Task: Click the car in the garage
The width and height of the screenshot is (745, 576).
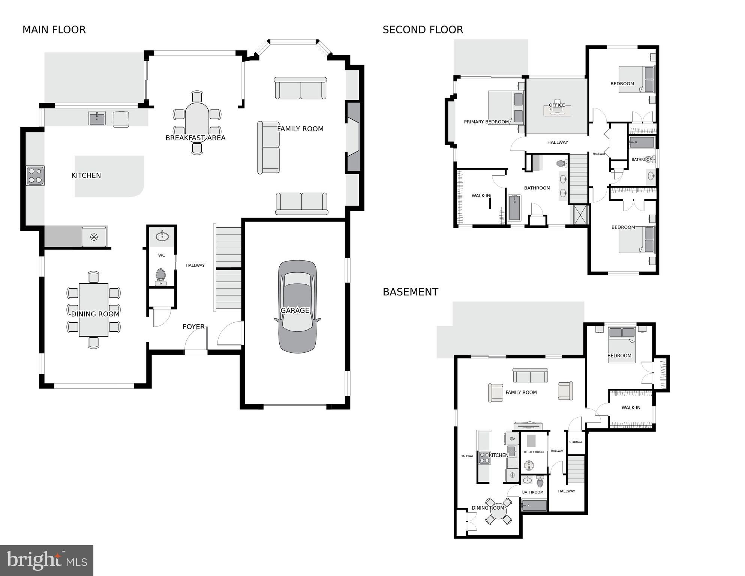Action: click(x=297, y=307)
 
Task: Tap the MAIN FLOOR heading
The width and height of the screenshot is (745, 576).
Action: click(x=54, y=30)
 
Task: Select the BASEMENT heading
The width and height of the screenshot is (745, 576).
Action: click(x=410, y=292)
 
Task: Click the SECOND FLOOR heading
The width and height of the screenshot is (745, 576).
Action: click(x=423, y=30)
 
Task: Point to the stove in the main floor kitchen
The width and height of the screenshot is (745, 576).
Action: click(x=35, y=176)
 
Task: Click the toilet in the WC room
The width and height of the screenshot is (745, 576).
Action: click(x=161, y=276)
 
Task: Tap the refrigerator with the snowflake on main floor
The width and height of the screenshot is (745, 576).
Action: click(x=94, y=237)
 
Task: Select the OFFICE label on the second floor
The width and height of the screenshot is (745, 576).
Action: click(x=556, y=105)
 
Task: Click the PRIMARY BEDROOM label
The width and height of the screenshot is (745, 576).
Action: click(x=486, y=122)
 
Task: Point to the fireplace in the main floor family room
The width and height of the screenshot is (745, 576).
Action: click(x=353, y=137)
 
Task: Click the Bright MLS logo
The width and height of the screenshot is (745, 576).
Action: click(x=46, y=561)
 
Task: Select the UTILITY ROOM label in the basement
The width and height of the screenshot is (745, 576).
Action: click(x=534, y=452)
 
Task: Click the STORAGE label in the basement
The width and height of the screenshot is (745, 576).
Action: click(x=576, y=442)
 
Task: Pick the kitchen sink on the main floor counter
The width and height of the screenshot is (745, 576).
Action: click(x=97, y=118)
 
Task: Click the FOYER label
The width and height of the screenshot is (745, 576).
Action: click(x=193, y=327)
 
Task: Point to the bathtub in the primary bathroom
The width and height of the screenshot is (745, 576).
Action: click(x=514, y=208)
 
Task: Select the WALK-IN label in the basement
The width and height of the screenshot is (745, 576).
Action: click(x=631, y=408)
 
